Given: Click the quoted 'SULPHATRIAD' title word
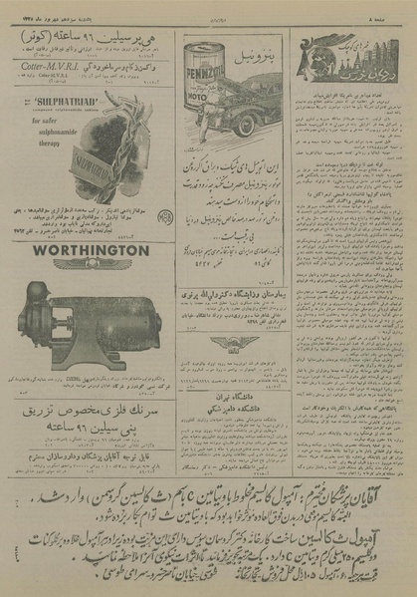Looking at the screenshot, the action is [50, 101].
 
